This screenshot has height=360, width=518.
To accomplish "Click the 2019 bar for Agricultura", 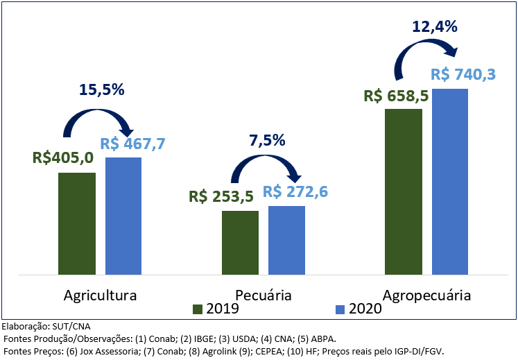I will (77, 223).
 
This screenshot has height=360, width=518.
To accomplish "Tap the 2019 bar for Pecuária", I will (240, 242).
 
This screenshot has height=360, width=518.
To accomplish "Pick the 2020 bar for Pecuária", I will (286, 239).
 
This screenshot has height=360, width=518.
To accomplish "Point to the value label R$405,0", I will (63, 158).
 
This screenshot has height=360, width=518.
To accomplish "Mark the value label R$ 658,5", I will (395, 95).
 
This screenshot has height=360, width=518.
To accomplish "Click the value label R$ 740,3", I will (463, 75).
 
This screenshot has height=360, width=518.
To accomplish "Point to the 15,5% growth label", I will (101, 89).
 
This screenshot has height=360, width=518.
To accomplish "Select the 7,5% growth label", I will (267, 140).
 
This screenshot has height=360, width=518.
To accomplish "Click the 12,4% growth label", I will (435, 27).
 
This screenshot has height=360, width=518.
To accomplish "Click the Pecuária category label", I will (264, 295).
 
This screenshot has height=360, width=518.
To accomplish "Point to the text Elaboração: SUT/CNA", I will (46, 326).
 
